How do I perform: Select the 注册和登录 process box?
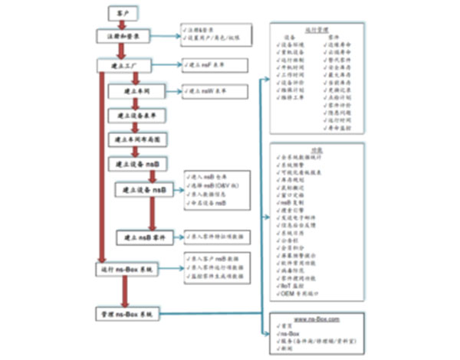pos(127,36)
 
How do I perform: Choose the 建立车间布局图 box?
pos(141,139)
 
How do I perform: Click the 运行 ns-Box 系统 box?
pos(127,270)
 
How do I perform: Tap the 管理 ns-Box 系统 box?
pos(127,314)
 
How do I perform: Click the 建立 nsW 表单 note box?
pos(216,92)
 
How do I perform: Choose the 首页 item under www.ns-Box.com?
pos(289,324)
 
